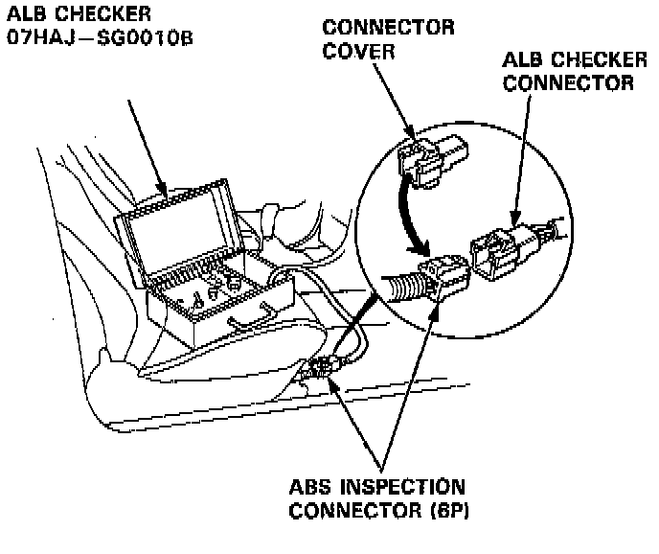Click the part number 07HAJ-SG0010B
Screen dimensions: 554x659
pos(93,44)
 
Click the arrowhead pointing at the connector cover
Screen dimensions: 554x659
pos(410,129)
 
